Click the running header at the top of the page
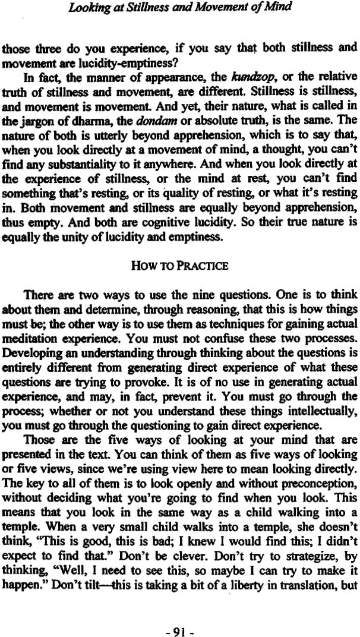(179, 8)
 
